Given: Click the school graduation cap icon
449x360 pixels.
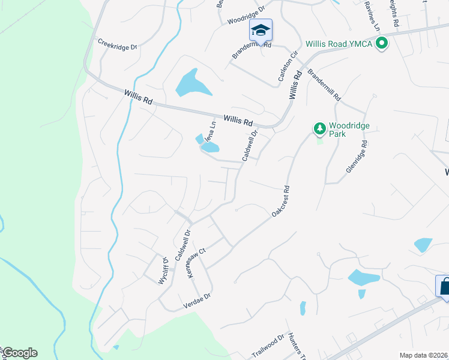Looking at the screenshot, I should click(x=261, y=29).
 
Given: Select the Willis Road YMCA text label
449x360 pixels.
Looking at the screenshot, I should click(x=339, y=44).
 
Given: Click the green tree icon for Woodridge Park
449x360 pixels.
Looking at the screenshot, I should click(x=320, y=128).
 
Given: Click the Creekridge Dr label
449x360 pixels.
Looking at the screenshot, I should click(x=118, y=44).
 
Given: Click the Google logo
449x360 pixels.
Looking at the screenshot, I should click(x=19, y=353).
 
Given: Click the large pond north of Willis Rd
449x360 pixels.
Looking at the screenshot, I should click(x=193, y=84).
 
